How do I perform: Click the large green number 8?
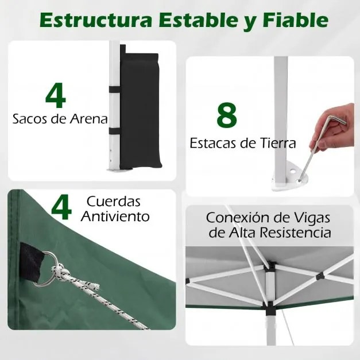tap(227, 115)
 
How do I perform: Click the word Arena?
tap(87, 119)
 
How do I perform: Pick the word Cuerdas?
tap(114, 202)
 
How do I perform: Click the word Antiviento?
tap(115, 216)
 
